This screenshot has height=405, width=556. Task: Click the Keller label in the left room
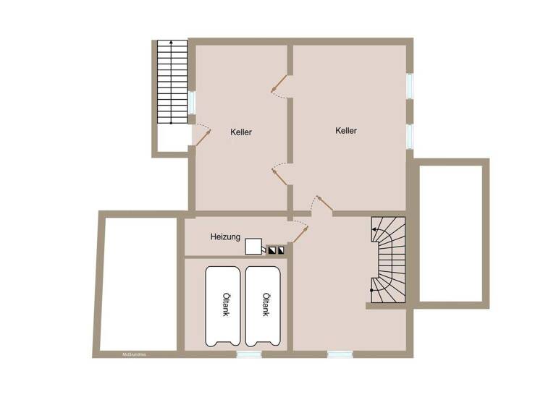click(x=241, y=132)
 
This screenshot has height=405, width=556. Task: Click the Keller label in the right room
click(x=346, y=131)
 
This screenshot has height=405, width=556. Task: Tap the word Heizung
click(x=225, y=236)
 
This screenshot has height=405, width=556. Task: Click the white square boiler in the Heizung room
click(x=253, y=247)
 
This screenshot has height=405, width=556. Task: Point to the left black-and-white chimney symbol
click(x=272, y=251)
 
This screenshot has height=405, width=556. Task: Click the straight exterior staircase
click(x=172, y=83)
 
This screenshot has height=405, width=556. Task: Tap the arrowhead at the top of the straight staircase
click(x=172, y=44)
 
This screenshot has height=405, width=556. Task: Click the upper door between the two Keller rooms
click(x=279, y=85)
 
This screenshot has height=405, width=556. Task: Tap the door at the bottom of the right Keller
click(x=323, y=205)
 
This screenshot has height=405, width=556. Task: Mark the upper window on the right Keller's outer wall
click(x=410, y=85)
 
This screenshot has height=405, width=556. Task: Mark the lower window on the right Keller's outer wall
click(x=410, y=135)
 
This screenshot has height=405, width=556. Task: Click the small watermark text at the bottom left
click(x=135, y=354)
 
